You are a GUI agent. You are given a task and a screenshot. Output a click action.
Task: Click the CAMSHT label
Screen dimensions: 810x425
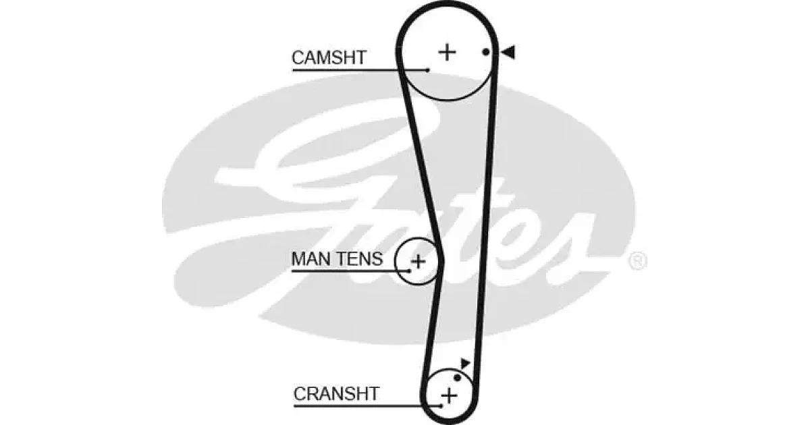pos(329,57)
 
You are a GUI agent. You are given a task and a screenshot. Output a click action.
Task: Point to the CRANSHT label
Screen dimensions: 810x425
pos(336,393)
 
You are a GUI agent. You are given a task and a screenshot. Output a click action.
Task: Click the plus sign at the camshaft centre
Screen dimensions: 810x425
pos(448,53)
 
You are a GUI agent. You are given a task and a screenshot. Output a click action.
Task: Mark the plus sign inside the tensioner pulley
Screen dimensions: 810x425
pos(418,261)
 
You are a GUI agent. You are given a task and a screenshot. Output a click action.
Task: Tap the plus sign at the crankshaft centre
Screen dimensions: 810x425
pos(449,396)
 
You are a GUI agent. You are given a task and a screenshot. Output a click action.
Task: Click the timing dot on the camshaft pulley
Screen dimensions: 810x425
pos(486,53)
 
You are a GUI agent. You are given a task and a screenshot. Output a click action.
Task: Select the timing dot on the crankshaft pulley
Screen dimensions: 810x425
pos(457,378)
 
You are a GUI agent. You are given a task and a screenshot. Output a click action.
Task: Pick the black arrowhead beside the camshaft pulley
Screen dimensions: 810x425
pos(508,52)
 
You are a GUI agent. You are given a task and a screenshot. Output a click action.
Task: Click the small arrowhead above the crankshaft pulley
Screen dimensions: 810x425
pos(465,363)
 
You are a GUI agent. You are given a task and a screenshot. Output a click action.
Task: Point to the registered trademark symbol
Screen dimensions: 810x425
pos(638,262)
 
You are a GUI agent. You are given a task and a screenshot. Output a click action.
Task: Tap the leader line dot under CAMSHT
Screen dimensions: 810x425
pos(428,70)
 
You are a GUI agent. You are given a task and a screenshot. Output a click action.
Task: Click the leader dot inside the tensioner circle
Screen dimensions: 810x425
pos(409,271)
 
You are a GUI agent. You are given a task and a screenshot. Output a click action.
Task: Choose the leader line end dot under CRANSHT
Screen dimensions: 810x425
pos(441,406)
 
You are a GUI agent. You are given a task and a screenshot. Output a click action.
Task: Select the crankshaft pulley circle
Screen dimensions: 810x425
pos(449,369)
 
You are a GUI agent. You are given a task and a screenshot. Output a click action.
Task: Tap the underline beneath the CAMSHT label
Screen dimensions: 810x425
pos(360,70)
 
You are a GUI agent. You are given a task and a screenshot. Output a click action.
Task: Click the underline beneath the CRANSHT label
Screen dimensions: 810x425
pos(368,406)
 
